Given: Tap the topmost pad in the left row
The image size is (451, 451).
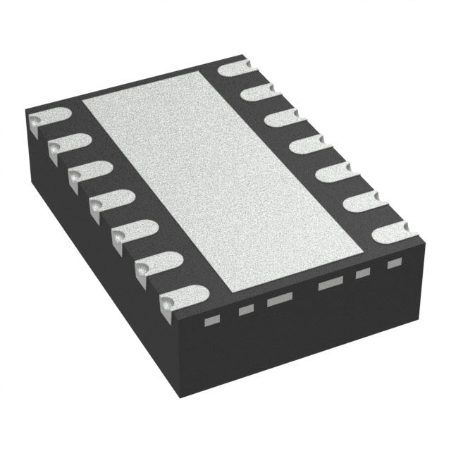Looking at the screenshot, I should click(x=48, y=121).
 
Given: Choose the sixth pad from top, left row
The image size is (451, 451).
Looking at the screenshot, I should click(x=156, y=264).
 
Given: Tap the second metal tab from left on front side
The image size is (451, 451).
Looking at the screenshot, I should click(x=245, y=309).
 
